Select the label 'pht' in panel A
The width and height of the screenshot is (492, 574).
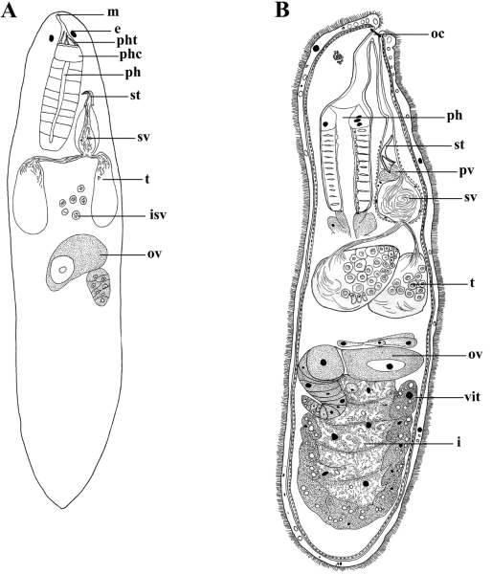tap(126, 39)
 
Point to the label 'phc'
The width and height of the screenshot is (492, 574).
tap(131, 55)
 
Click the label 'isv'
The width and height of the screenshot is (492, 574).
tap(158, 215)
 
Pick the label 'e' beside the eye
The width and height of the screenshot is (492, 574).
tap(118, 29)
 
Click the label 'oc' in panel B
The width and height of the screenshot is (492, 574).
tap(437, 34)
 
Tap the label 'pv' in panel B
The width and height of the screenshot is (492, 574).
tap(459, 170)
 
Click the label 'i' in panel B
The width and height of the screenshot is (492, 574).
tap(458, 443)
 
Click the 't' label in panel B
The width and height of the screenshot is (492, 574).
tap(472, 282)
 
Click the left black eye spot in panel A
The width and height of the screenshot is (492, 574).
tap(52, 37)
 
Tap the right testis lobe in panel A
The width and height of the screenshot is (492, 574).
tap(105, 193)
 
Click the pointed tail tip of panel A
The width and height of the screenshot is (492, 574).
tap(63, 508)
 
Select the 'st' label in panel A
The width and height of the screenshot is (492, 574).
tap(135, 97)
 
